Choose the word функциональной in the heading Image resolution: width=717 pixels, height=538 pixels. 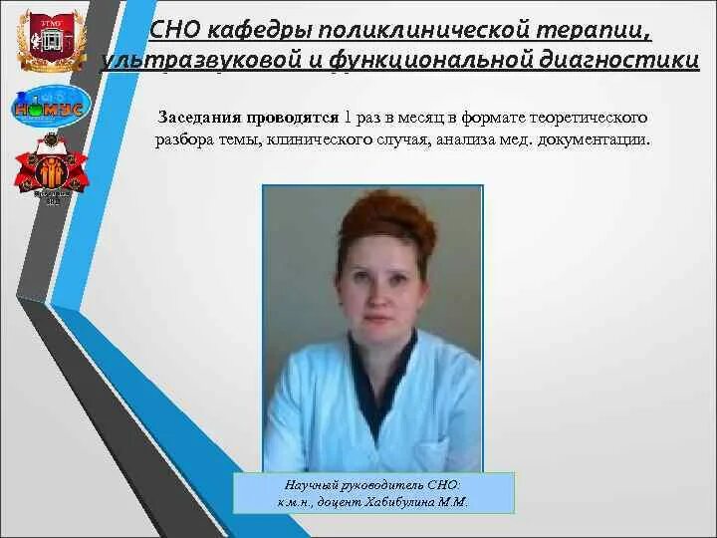pos(400,61)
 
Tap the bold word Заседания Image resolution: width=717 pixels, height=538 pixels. pos(197,118)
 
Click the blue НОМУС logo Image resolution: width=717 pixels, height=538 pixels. pos(51,106)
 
